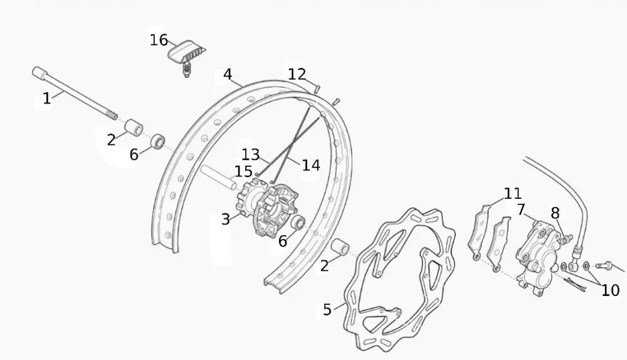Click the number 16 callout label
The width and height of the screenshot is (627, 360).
pyautogui.click(x=159, y=40)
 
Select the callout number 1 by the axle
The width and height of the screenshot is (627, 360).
pyautogui.click(x=47, y=98)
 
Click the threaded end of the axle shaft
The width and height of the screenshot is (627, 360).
pyautogui.click(x=113, y=115)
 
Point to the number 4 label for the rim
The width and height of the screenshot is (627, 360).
pyautogui.click(x=228, y=74)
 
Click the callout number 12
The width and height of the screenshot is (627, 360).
pyautogui.click(x=297, y=74)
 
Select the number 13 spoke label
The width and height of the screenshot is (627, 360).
pyautogui.click(x=251, y=154)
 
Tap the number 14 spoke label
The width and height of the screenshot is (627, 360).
pyautogui.click(x=311, y=165)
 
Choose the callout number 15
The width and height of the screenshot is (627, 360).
pyautogui.click(x=243, y=171)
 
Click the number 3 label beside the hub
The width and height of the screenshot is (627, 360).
pyautogui.click(x=226, y=219)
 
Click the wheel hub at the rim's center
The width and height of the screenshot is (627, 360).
pyautogui.click(x=267, y=209)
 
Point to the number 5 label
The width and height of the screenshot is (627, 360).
pyautogui.click(x=327, y=309)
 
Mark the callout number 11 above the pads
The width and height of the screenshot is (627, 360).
pyautogui.click(x=513, y=194)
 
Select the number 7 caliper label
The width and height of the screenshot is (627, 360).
pyautogui.click(x=520, y=209)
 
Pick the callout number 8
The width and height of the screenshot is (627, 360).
pyautogui.click(x=555, y=213)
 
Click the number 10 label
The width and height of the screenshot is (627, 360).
pyautogui.click(x=610, y=290)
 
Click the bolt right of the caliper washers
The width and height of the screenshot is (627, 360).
pyautogui.click(x=604, y=265)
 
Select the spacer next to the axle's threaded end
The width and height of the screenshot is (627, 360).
pyautogui.click(x=134, y=127)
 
